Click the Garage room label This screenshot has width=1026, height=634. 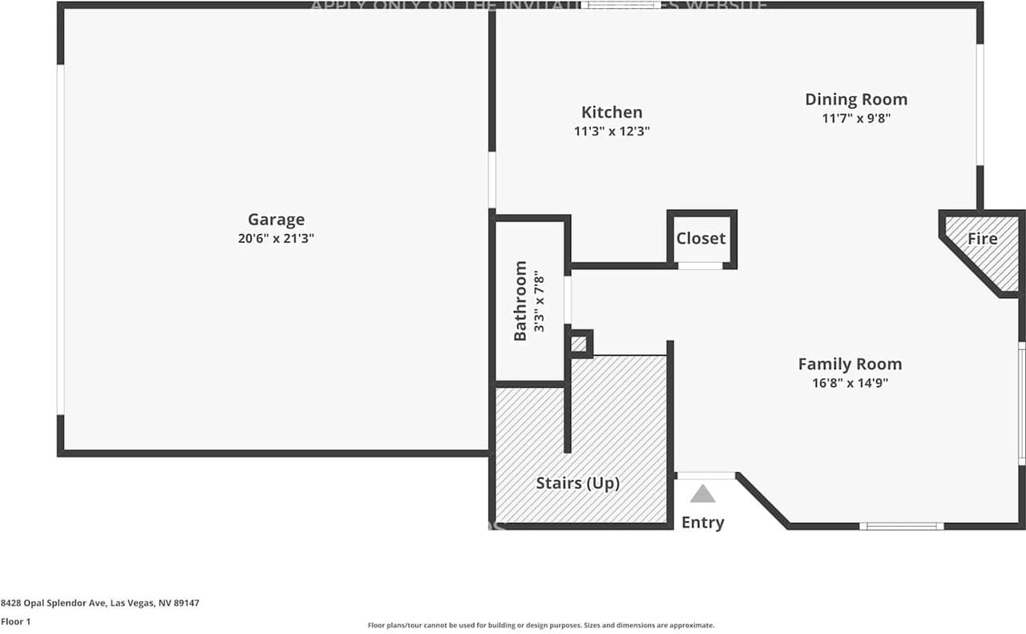(x=276, y=220)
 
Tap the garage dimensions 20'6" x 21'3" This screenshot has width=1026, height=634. (x=276, y=238)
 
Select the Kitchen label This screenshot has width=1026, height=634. (x=612, y=112)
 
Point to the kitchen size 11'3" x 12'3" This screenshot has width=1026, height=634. (x=612, y=131)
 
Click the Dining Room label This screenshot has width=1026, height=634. (x=856, y=99)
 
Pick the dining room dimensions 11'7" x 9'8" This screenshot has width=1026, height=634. (x=856, y=118)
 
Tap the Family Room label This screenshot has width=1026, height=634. (x=850, y=364)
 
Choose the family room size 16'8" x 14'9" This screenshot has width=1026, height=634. (x=850, y=383)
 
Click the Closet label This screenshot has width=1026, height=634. (x=701, y=238)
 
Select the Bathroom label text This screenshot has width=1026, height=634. (x=520, y=301)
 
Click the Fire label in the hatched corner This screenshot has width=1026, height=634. (x=982, y=238)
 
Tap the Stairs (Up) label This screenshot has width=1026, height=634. (x=578, y=483)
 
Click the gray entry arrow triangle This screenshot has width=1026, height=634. (x=702, y=494)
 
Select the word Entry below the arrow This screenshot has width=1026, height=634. (x=702, y=523)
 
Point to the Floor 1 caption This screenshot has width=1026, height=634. (x=16, y=622)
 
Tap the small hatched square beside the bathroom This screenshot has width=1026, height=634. (x=580, y=344)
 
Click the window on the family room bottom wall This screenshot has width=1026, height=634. (x=902, y=526)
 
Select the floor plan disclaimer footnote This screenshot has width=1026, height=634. (x=541, y=625)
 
